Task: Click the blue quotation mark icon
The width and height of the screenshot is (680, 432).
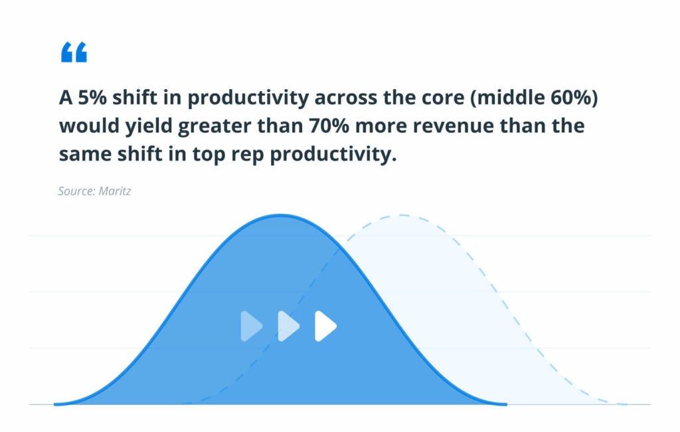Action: pos(74,53)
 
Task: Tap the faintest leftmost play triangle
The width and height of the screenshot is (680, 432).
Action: pos(250,326)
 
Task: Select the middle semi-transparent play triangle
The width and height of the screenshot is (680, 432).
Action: pos(288,326)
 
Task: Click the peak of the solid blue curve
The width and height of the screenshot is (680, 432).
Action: pos(281,215)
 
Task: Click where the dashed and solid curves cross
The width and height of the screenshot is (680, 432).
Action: pos(341,251)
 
